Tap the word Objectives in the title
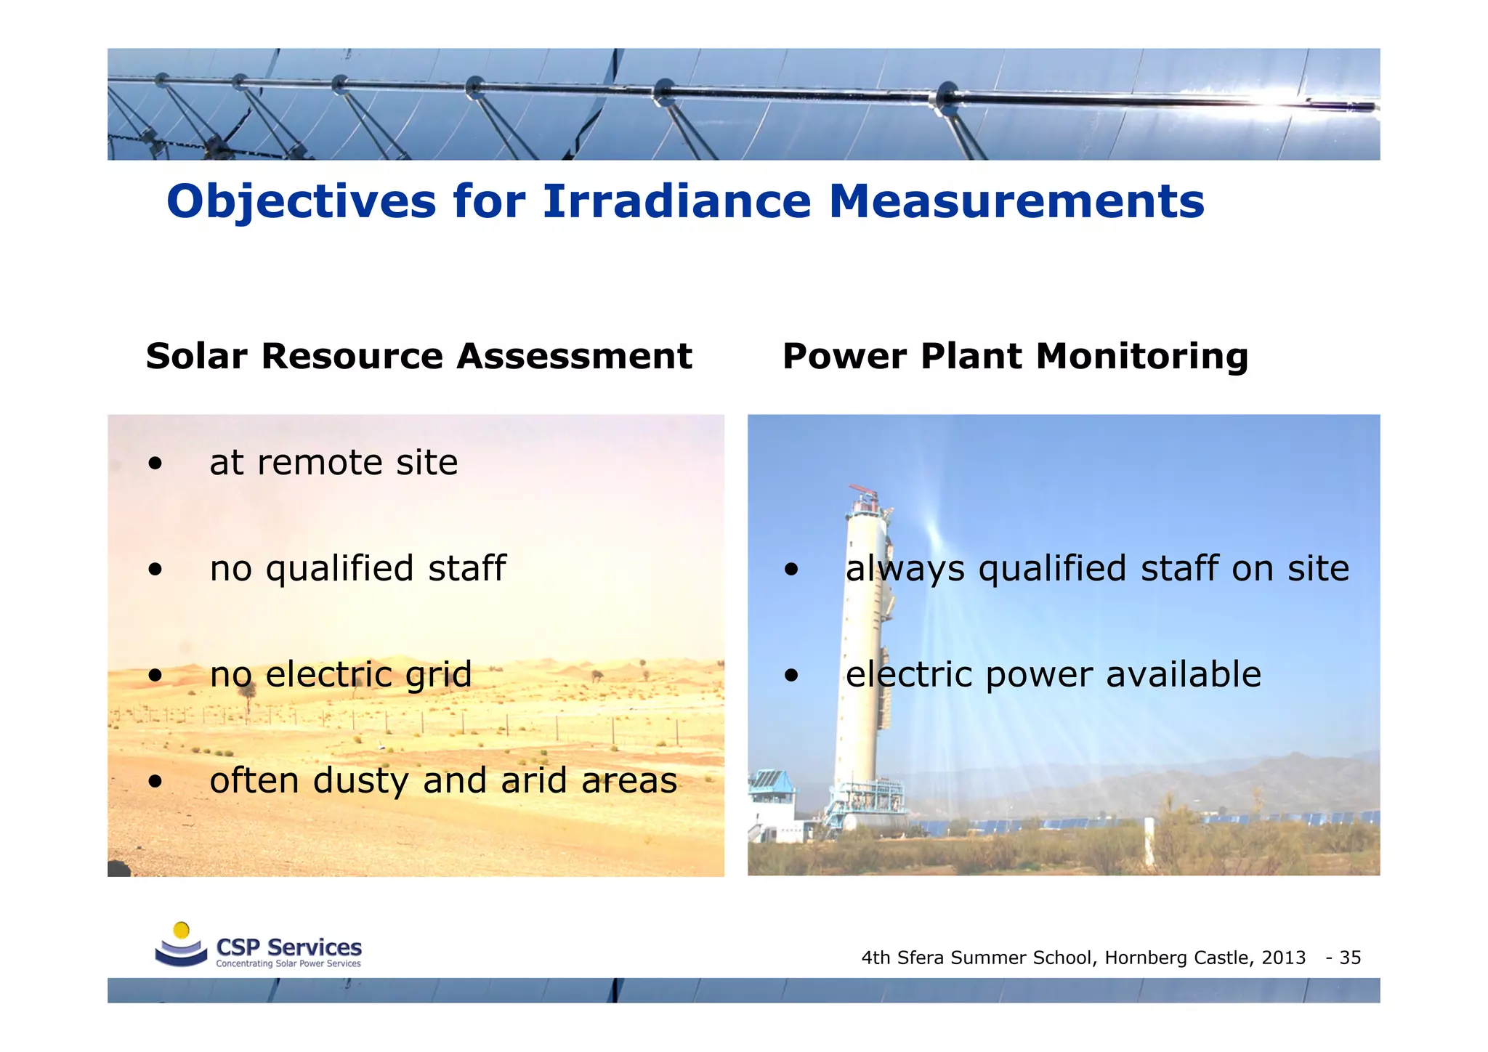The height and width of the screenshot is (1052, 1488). click(x=301, y=201)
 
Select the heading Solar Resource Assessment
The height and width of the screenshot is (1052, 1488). click(x=418, y=357)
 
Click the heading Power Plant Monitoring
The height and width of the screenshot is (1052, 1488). click(x=1015, y=357)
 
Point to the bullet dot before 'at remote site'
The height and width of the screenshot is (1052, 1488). click(x=155, y=464)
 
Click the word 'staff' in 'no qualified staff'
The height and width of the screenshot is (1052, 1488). click(x=466, y=568)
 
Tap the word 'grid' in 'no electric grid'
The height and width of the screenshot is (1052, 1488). click(x=438, y=675)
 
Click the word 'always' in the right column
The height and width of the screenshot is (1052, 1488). click(x=905, y=569)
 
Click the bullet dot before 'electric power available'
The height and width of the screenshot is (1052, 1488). click(x=791, y=676)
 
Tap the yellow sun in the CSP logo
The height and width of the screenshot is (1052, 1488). click(x=182, y=930)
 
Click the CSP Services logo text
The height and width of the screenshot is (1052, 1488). click(x=288, y=947)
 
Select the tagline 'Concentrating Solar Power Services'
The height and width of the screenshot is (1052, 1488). click(x=288, y=964)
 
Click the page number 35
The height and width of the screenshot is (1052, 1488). click(x=1350, y=958)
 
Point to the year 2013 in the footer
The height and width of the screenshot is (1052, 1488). click(x=1283, y=958)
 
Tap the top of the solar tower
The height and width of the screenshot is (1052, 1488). click(x=862, y=494)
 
